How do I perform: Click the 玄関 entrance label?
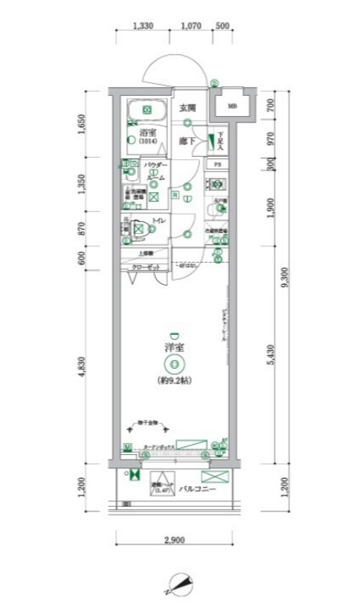click(187, 107)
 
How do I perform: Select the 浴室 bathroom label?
click(146, 131)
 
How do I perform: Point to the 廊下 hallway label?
click(186, 141)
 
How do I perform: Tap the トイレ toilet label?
click(157, 222)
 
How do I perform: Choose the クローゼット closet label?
click(145, 268)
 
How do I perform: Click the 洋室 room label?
click(173, 346)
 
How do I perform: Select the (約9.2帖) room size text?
click(173, 380)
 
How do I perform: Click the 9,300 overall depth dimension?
click(293, 276)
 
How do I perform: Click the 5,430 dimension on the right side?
click(269, 357)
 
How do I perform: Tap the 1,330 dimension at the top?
click(143, 26)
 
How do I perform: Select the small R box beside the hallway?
click(176, 194)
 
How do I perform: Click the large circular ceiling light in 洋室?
click(173, 363)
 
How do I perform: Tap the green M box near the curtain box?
click(126, 447)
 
